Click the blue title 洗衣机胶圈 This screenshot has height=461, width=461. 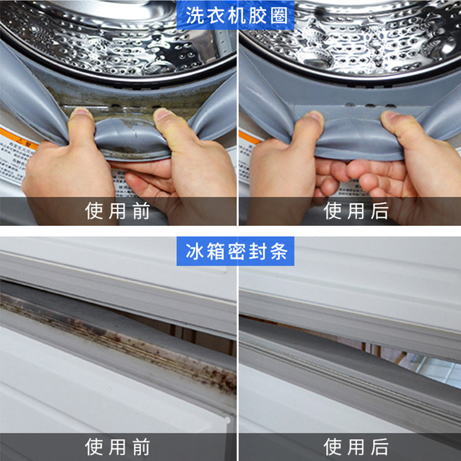tap(237, 15)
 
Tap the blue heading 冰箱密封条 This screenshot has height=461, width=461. tap(237, 252)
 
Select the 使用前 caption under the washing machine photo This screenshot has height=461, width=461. tap(118, 211)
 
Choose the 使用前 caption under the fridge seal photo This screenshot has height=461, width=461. tap(118, 447)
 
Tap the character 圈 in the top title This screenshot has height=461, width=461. tap(279, 15)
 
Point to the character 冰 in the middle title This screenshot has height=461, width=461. tap(194, 252)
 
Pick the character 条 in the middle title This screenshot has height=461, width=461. tap(279, 252)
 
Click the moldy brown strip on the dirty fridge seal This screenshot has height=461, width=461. tap(115, 340)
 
